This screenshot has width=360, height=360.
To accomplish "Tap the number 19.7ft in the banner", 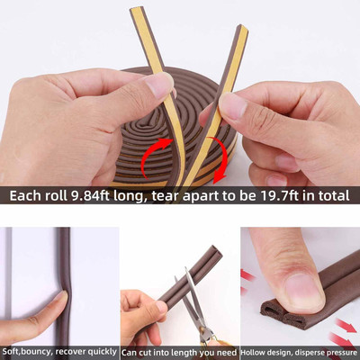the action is pyautogui.click(x=281, y=195).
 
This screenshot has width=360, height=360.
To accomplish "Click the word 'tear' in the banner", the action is pyautogui.click(x=166, y=196).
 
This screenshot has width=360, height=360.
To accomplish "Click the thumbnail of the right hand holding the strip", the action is pyautogui.click(x=232, y=104).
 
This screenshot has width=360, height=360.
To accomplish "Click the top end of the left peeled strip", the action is pyautogui.click(x=136, y=9).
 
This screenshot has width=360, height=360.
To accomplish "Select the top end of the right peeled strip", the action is pyautogui.click(x=243, y=28).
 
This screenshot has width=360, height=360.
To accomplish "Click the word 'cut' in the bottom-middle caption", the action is pyautogui.click(x=148, y=352).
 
